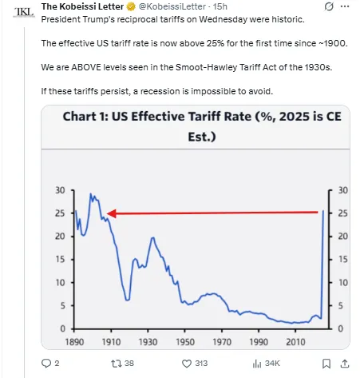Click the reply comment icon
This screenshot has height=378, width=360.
pyautogui.click(x=45, y=363)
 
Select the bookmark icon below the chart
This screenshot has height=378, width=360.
pyautogui.click(x=320, y=363)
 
